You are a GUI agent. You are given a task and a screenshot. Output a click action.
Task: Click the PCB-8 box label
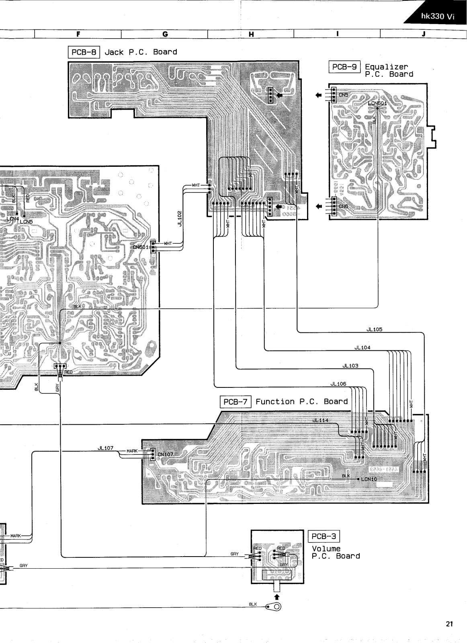click(84, 52)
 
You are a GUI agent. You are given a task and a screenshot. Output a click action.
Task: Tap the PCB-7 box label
click(236, 401)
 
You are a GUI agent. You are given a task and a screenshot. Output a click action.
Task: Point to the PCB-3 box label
click(324, 536)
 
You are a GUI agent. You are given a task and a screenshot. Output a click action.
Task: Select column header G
click(165, 34)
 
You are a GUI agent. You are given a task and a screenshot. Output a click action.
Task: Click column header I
click(337, 34)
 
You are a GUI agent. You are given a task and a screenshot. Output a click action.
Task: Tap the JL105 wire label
click(374, 330)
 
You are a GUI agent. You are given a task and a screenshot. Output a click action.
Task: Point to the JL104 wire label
click(362, 348)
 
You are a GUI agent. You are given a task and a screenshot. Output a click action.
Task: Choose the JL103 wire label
click(350, 366)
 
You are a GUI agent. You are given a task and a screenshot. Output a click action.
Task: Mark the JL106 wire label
click(338, 384)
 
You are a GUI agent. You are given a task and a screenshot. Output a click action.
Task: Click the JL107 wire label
click(105, 448)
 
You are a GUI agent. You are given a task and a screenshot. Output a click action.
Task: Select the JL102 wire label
click(180, 218)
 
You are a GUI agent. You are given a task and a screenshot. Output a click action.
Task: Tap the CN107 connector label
click(165, 455)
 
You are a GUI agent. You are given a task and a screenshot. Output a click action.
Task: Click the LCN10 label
click(369, 479)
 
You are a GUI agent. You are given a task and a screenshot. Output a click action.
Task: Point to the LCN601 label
click(377, 103)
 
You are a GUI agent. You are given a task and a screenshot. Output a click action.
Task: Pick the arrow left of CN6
click(319, 207)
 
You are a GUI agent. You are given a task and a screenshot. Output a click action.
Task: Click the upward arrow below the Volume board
click(277, 597)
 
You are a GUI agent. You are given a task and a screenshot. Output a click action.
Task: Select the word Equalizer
click(386, 67)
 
